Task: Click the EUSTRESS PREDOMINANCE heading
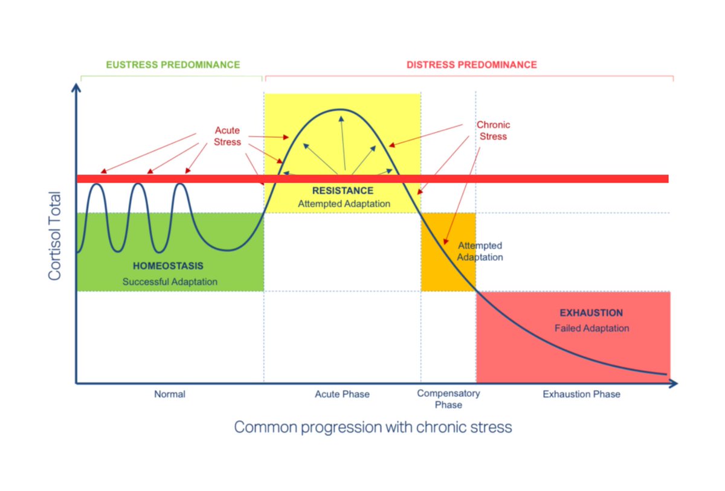click(x=173, y=65)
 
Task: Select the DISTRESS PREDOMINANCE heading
click(x=471, y=65)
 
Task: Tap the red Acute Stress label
click(x=227, y=136)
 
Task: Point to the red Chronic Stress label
click(x=493, y=130)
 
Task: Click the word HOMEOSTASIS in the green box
click(x=168, y=266)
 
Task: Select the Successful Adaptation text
click(x=170, y=281)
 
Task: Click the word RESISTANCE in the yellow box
click(x=343, y=191)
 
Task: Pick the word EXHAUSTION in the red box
click(x=591, y=313)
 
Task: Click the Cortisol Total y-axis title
click(x=55, y=236)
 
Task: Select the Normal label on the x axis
click(x=170, y=394)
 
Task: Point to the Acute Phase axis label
click(x=342, y=394)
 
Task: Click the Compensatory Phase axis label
click(x=448, y=399)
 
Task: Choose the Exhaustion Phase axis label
click(x=581, y=394)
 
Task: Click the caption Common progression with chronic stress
click(x=373, y=428)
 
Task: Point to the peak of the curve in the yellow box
click(x=341, y=110)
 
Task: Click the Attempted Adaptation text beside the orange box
click(x=480, y=251)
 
